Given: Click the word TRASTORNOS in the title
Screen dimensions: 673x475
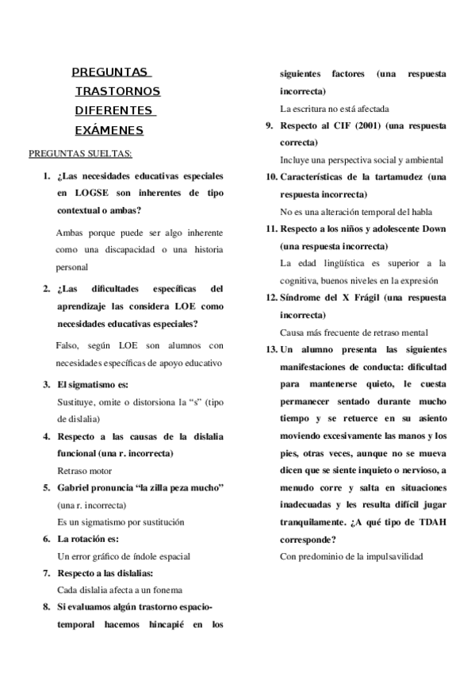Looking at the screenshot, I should tap(117, 91).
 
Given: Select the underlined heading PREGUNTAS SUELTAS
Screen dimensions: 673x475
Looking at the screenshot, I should tap(80, 152).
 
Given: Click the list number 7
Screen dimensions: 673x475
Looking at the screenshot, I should tap(47, 573).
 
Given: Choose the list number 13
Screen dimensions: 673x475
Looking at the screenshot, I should tap(270, 348).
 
